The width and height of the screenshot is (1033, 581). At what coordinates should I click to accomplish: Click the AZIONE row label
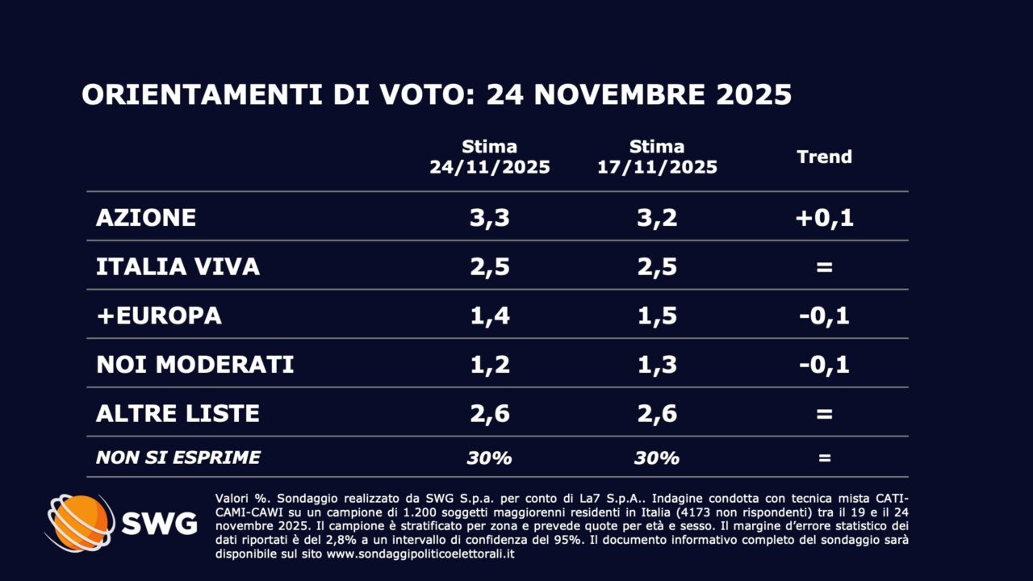146,218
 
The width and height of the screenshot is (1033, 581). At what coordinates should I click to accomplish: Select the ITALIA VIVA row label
178,267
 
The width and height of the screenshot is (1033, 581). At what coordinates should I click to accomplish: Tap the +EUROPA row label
159,316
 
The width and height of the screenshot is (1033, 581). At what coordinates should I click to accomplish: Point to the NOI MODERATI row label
194,365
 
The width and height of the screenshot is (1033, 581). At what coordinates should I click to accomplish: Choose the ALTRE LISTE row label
178,414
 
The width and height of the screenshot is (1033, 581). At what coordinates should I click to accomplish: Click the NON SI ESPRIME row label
178,458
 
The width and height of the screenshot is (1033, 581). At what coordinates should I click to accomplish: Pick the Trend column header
824,157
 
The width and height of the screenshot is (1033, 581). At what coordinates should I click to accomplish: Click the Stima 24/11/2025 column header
489,157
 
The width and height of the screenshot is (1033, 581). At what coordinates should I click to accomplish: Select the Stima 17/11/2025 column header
657,157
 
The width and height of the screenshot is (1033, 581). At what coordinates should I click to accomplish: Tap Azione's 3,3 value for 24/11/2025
489,218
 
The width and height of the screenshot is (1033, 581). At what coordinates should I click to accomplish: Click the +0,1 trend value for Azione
824,218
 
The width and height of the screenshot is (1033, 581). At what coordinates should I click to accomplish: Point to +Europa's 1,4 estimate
489,316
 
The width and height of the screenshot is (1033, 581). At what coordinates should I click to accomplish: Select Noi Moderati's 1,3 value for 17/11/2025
657,365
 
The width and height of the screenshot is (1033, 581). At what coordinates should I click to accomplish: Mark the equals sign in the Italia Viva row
824,267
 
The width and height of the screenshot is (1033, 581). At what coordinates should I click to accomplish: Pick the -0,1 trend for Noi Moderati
824,365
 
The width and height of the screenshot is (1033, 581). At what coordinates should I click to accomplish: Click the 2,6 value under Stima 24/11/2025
489,414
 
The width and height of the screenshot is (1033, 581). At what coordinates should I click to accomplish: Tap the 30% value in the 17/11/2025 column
657,458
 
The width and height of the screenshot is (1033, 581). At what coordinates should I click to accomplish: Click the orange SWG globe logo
79,523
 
